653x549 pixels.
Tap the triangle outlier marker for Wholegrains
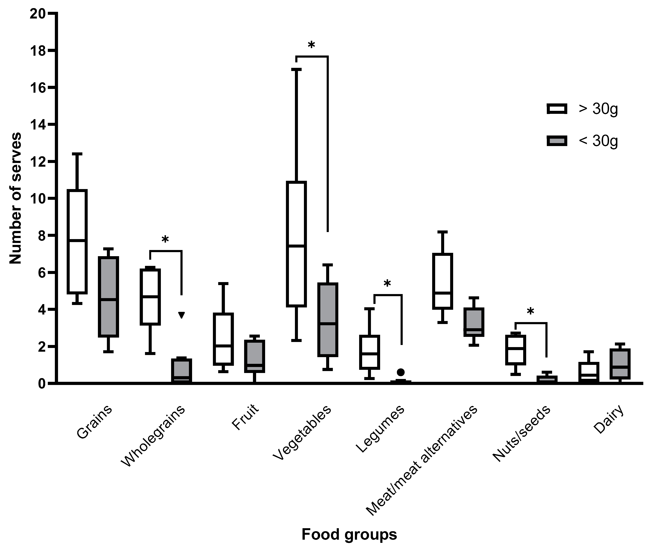tap(182, 315)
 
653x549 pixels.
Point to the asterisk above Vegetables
tap(311, 45)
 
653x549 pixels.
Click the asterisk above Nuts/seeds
tap(530, 311)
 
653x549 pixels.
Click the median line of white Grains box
tap(77, 240)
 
